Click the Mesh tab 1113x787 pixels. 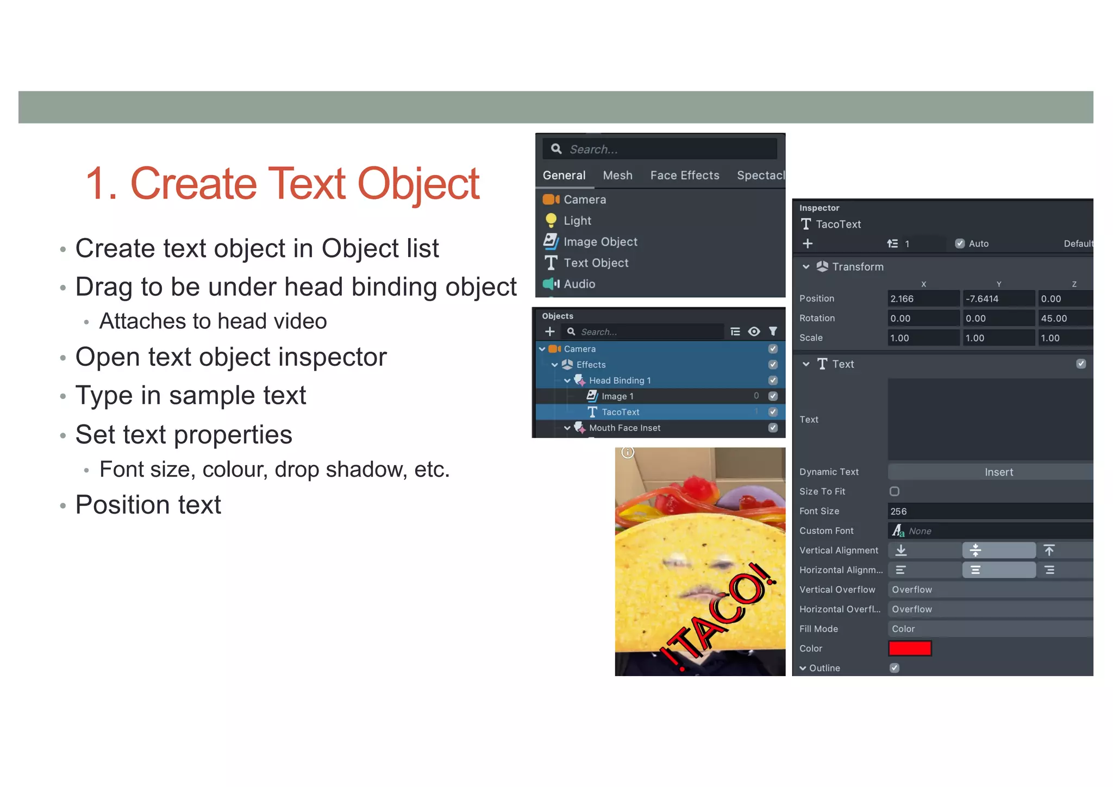click(617, 176)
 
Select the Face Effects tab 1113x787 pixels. click(684, 176)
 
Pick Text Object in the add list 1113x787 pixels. click(596, 263)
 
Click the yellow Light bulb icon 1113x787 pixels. click(551, 220)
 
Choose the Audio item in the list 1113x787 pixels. click(579, 284)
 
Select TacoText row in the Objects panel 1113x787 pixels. click(620, 412)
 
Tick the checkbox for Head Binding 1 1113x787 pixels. click(773, 380)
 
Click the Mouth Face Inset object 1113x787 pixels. click(624, 428)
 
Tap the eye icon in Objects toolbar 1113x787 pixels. click(754, 332)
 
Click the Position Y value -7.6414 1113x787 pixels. click(998, 299)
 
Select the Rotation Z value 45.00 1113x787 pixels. click(1064, 318)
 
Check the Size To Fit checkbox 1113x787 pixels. click(895, 491)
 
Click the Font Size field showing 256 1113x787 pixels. click(989, 511)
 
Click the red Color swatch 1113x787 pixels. click(910, 648)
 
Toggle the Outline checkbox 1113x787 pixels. click(895, 668)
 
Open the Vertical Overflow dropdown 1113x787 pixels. click(989, 590)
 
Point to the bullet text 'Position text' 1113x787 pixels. click(148, 505)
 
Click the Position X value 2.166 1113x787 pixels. click(923, 299)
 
